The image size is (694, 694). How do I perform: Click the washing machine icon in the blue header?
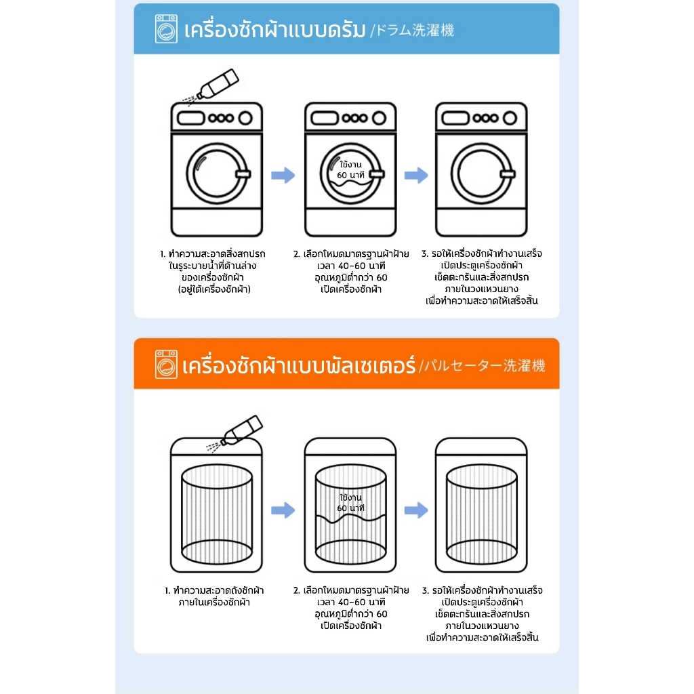(x=166, y=28)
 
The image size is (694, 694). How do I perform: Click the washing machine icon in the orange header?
(x=166, y=364)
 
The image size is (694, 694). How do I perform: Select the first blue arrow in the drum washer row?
(x=283, y=176)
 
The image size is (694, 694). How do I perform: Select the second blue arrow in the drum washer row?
(x=417, y=176)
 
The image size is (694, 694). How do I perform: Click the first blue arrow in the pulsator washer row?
(x=283, y=510)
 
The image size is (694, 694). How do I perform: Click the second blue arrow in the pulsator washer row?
(x=417, y=510)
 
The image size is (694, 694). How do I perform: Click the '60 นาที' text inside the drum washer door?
(x=351, y=176)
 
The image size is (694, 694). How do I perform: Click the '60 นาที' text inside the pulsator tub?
(x=351, y=508)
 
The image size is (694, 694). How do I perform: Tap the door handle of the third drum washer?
(x=508, y=174)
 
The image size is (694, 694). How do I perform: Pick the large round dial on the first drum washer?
(x=245, y=118)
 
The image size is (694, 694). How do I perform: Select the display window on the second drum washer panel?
(x=325, y=118)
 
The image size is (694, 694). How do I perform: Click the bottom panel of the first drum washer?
(x=217, y=222)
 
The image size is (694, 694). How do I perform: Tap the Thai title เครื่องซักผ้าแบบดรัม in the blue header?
(x=275, y=30)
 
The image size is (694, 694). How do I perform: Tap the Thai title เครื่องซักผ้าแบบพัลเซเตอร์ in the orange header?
(x=299, y=365)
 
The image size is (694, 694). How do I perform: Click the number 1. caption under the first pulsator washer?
(x=214, y=596)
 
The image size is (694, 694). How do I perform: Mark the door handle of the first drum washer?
(x=243, y=174)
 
